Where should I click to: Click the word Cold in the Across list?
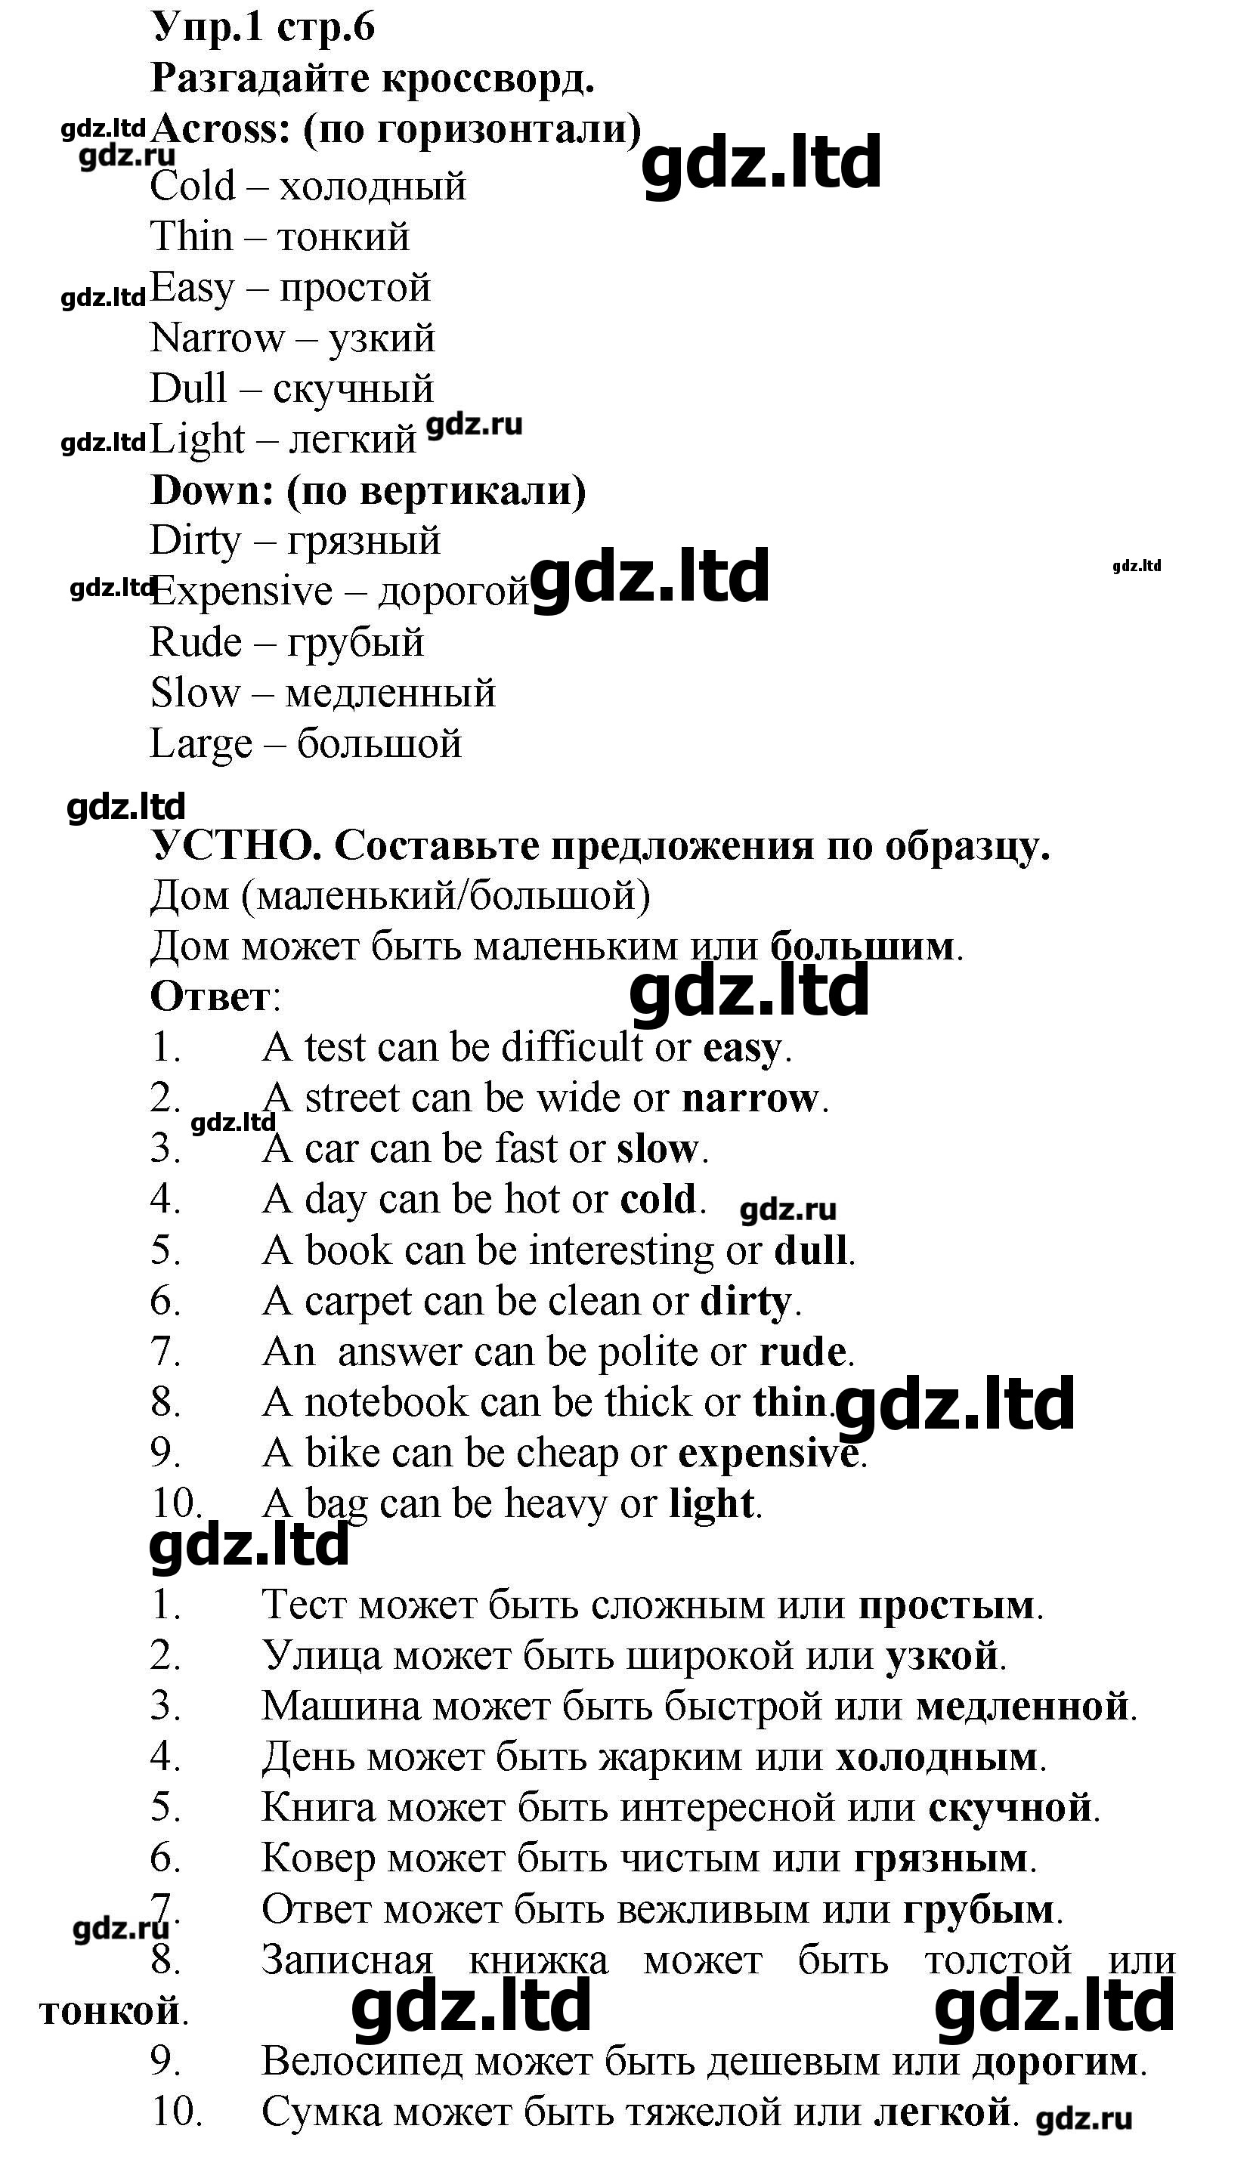[193, 186]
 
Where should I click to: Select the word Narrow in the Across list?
[216, 338]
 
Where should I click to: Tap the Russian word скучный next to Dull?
[353, 389]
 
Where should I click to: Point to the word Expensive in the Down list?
[242, 592]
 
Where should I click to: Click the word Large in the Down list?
[201, 744]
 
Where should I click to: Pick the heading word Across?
[221, 129]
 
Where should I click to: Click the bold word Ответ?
[210, 997]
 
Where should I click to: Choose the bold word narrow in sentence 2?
[750, 1098]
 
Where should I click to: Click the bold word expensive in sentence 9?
[769, 1454]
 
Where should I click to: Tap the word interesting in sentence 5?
[620, 1251]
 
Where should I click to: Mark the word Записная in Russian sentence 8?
[347, 1961]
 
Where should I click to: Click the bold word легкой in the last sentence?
[942, 2112]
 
